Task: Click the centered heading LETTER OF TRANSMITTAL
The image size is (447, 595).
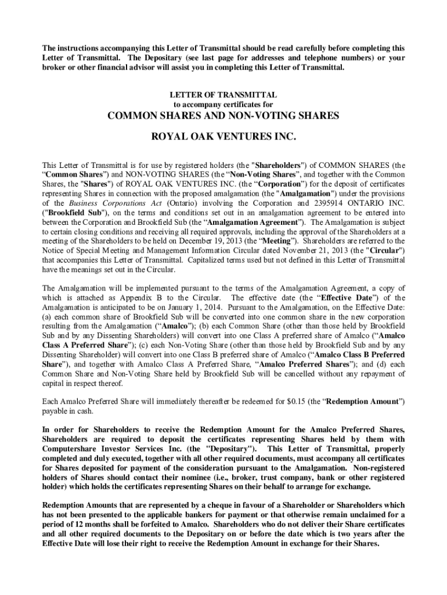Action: pos(223,94)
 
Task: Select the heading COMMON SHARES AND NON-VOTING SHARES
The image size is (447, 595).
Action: pos(223,116)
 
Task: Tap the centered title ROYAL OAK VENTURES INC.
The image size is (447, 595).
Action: pos(223,139)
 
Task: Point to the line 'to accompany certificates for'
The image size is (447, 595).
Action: pos(223,104)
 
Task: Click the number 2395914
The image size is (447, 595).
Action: pos(327,204)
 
